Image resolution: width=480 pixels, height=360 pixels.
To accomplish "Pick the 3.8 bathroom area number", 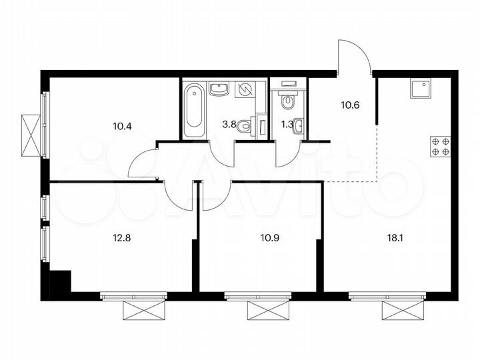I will pyautogui.click(x=228, y=123).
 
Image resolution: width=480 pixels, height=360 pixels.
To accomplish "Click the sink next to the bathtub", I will pyautogui.click(x=219, y=89).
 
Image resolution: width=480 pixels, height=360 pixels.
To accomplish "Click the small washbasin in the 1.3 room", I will pyautogui.click(x=298, y=125).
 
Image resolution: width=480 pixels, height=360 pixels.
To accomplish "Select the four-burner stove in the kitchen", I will pyautogui.click(x=441, y=146).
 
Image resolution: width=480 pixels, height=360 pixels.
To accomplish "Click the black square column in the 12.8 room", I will pyautogui.click(x=60, y=281).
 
